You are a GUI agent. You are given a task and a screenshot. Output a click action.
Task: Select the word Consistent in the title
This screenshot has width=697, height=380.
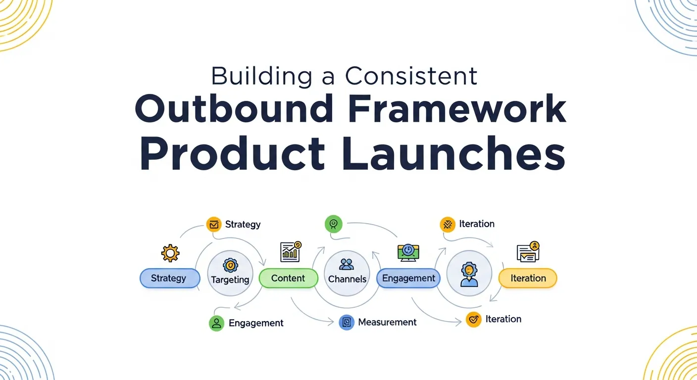(x=411, y=76)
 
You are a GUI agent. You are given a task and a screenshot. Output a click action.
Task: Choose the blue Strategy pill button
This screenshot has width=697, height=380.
(x=169, y=278)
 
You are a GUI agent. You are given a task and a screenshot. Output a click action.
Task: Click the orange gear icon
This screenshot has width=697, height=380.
(x=170, y=253)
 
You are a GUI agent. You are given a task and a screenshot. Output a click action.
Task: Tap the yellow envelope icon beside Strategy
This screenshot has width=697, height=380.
(x=214, y=225)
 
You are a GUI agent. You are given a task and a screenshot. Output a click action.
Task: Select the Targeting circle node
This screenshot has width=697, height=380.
(x=230, y=273)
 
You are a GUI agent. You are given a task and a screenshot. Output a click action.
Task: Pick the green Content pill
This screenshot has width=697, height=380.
(x=288, y=278)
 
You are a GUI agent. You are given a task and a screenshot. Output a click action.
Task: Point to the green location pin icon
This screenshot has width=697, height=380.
(x=333, y=224)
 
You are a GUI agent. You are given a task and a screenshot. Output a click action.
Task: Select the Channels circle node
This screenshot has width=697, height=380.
(x=347, y=273)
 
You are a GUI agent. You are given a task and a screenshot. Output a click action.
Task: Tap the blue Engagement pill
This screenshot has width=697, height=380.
(x=408, y=278)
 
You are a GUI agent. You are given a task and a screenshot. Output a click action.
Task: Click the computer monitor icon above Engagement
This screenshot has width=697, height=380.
(x=408, y=252)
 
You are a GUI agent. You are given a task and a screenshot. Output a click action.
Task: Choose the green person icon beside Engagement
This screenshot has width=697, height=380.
(x=216, y=323)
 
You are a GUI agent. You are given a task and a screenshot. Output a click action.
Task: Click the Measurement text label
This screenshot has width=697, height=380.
(x=387, y=322)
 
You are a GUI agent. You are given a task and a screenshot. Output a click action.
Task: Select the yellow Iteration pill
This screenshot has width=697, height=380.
(x=528, y=278)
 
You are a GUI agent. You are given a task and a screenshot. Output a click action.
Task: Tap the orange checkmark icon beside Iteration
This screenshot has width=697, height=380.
(x=474, y=320)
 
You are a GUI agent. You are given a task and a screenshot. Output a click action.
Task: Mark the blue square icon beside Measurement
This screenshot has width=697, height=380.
(x=347, y=323)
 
